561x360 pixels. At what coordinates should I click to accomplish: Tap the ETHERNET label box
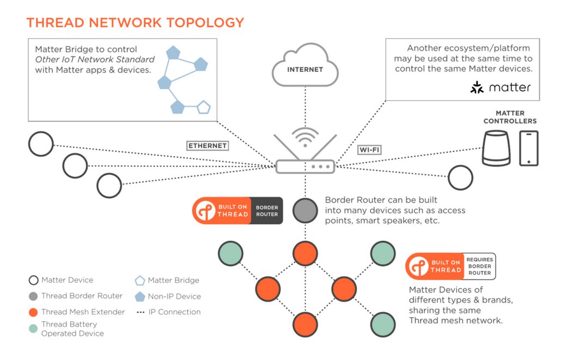pyautogui.click(x=208, y=145)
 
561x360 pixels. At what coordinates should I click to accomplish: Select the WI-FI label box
pyautogui.click(x=370, y=150)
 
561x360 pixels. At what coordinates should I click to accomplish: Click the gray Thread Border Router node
pyautogui.click(x=305, y=210)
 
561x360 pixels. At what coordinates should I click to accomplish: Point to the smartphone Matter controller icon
pyautogui.click(x=529, y=148)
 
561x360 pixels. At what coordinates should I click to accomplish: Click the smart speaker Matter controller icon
pyautogui.click(x=496, y=148)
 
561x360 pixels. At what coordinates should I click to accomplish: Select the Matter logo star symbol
pyautogui.click(x=477, y=87)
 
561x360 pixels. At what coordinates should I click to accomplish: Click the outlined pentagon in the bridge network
pyautogui.click(x=204, y=107)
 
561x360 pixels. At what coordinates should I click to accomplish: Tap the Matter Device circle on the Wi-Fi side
pyautogui.click(x=460, y=178)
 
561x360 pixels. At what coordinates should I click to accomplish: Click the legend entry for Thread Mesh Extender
pyautogui.click(x=77, y=312)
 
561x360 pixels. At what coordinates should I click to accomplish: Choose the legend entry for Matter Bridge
pyautogui.click(x=167, y=280)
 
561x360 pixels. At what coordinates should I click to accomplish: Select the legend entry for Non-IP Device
pyautogui.click(x=168, y=296)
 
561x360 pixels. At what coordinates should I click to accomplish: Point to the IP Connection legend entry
pyautogui.click(x=169, y=312)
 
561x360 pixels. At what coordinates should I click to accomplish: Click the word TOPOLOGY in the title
pyautogui.click(x=205, y=22)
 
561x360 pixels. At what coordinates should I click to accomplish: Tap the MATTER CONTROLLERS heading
pyautogui.click(x=510, y=117)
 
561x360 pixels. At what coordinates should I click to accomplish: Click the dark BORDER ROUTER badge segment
pyautogui.click(x=267, y=211)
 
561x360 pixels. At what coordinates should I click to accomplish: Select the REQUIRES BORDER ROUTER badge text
pyautogui.click(x=480, y=266)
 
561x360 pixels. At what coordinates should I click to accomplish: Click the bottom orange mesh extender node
pyautogui.click(x=305, y=325)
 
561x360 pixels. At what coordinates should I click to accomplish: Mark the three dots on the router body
pyautogui.click(x=321, y=167)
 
